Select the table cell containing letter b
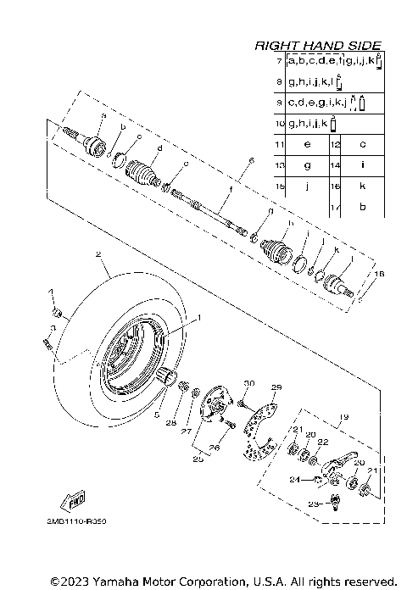[x=362, y=206]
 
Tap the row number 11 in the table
[x=279, y=144]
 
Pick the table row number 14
[x=335, y=164]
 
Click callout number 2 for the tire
[x=98, y=254]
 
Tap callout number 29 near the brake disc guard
[x=275, y=387]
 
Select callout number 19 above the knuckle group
[x=344, y=417]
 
